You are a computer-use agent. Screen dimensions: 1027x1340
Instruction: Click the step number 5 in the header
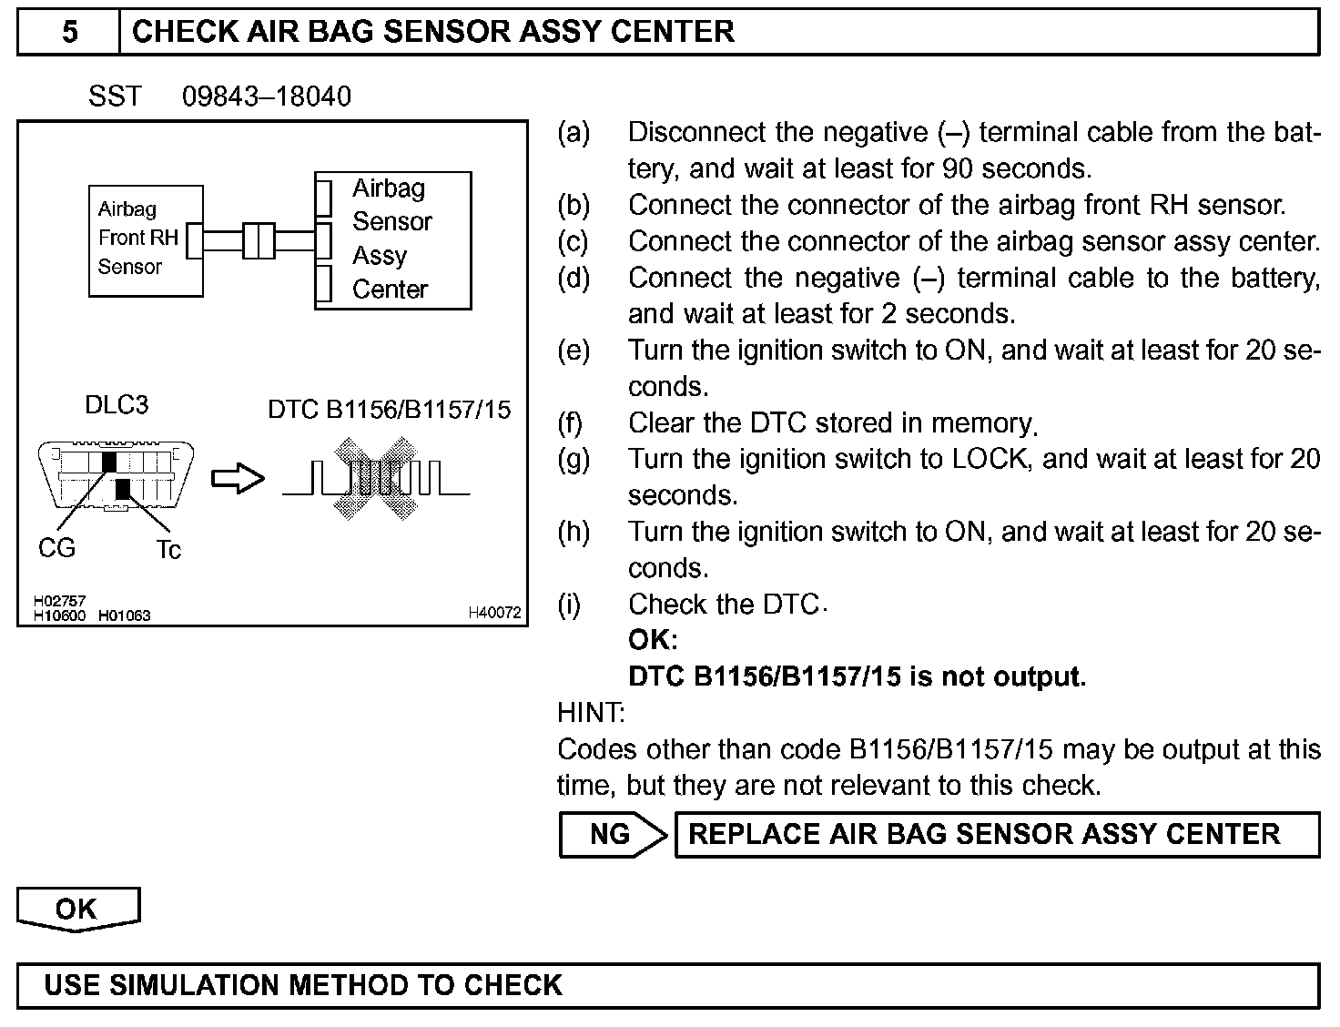[x=69, y=33]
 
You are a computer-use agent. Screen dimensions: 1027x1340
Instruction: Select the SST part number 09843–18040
[x=266, y=97]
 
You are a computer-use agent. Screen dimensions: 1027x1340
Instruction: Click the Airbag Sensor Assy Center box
[x=393, y=239]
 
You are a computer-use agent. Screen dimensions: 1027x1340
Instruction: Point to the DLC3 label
[x=117, y=404]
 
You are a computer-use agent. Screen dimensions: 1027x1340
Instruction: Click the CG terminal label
[x=56, y=548]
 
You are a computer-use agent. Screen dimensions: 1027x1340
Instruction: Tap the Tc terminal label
[x=168, y=550]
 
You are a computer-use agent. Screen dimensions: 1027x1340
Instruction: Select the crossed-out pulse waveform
[x=375, y=478]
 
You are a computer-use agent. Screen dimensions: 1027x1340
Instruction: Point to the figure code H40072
[x=494, y=614]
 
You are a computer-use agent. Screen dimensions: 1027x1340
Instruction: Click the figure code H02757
[x=59, y=601]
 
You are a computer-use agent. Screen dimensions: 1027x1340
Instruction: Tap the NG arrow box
[x=613, y=834]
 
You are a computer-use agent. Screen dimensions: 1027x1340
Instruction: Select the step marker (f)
[x=573, y=423]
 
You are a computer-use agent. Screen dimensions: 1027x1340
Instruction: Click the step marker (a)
[x=574, y=133]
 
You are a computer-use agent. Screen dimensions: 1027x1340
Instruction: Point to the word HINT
[x=591, y=713]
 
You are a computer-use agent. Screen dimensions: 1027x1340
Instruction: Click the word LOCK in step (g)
[x=990, y=459]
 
